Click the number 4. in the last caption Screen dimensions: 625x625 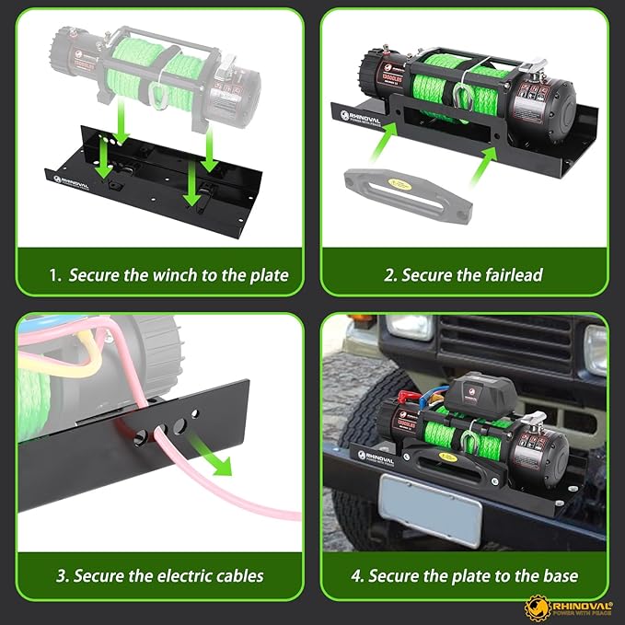pos(356,576)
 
